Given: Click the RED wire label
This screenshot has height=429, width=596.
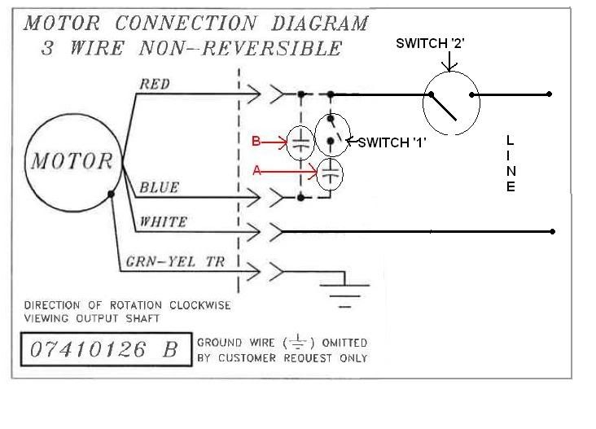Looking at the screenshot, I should tap(155, 83).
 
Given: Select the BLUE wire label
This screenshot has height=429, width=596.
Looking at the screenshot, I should tap(160, 187).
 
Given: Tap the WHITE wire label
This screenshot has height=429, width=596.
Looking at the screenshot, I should tap(164, 221).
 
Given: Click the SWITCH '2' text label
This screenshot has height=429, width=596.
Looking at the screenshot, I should tap(429, 43).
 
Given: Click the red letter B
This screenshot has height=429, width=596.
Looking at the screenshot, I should tap(256, 142).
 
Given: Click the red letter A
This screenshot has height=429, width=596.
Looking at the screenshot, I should tap(258, 171).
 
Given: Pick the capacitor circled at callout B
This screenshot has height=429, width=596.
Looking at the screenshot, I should tap(300, 144).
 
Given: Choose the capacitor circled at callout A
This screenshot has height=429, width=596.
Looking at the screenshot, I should tap(331, 173).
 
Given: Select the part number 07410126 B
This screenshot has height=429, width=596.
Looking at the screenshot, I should tap(103, 350).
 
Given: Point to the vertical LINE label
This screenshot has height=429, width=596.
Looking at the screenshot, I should tap(511, 164).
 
